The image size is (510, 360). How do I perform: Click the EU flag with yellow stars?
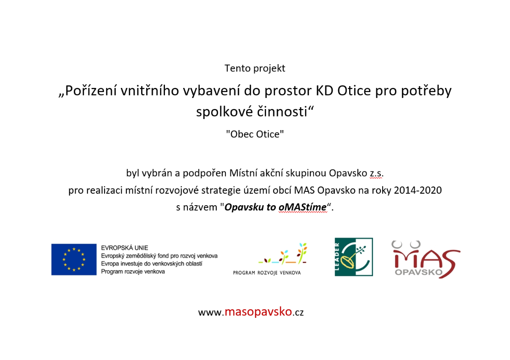pos(74,260)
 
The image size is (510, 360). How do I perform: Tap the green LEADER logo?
pos(354,257)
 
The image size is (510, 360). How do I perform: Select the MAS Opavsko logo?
pos(426,259)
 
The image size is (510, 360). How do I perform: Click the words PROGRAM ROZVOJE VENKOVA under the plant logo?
pos(267,273)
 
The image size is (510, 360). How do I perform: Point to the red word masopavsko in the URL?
pos(258,311)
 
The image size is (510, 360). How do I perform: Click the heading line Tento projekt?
pos(255,68)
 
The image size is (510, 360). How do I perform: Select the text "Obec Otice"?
pos(255,134)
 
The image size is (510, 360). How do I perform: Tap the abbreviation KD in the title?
pos(324,91)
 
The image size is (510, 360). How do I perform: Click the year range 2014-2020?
pos(417,190)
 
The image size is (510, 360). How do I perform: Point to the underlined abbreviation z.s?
pos(376,173)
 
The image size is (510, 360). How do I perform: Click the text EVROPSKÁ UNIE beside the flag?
pos(125,248)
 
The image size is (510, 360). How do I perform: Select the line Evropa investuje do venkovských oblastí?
pos(152,264)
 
